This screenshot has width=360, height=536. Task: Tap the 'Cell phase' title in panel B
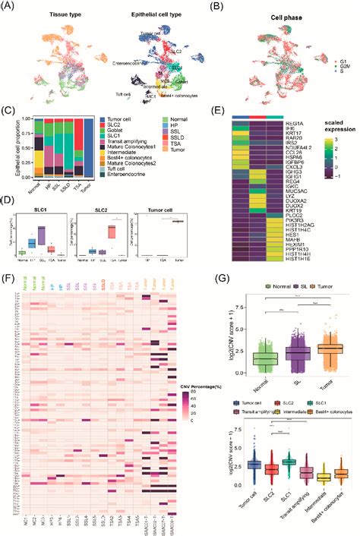(279, 15)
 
